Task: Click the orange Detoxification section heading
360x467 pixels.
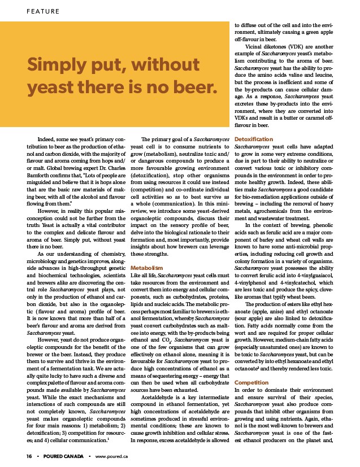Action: click(x=254, y=139)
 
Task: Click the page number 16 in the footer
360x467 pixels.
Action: click(x=28, y=455)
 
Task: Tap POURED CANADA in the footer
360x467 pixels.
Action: click(x=63, y=455)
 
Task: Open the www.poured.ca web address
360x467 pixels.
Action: click(x=112, y=455)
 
